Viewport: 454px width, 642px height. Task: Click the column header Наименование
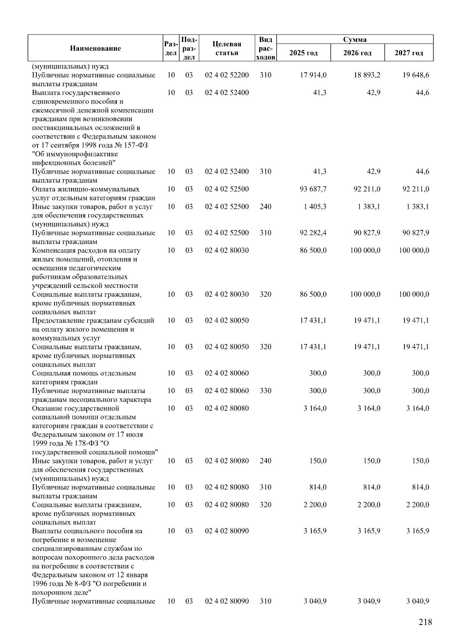[95, 48]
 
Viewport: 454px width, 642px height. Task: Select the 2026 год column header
[357, 53]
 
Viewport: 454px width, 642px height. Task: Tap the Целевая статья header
[227, 48]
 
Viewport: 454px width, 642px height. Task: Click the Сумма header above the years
[354, 39]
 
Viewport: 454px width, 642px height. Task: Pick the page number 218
[425, 622]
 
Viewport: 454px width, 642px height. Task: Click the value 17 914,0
[313, 75]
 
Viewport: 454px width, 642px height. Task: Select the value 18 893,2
[367, 75]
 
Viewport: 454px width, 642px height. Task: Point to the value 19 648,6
[416, 75]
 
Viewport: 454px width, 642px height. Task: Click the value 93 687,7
[313, 189]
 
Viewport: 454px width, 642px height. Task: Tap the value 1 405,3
[316, 207]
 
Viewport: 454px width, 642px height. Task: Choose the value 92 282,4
[313, 233]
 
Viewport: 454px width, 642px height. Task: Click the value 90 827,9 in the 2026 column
[367, 233]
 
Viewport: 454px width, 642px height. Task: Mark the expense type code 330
[266, 391]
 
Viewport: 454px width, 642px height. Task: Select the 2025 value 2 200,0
[315, 505]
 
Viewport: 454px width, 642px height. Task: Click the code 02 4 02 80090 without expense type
[227, 531]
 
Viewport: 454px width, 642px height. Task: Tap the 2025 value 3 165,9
[315, 531]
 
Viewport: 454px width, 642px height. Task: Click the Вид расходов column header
[266, 48]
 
